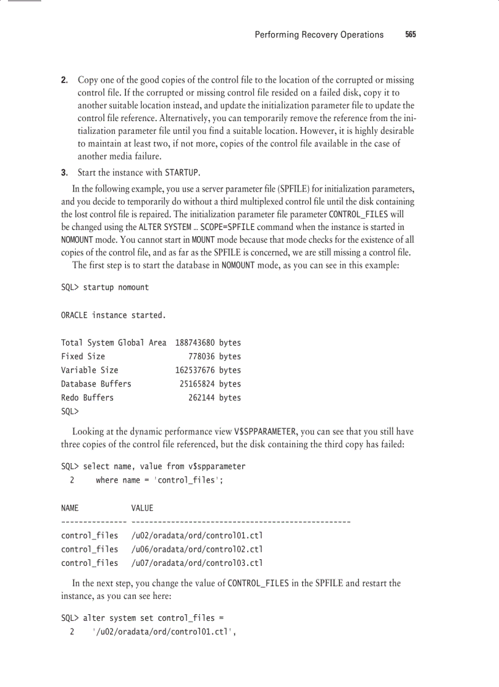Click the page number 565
coord(410,35)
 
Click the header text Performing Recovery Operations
coord(319,35)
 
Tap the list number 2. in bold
coord(64,80)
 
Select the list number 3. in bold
coord(64,172)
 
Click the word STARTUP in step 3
coord(182,173)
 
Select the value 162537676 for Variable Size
coord(195,370)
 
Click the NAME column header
coord(70,508)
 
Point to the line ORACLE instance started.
coord(113,315)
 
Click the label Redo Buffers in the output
coord(87,398)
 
